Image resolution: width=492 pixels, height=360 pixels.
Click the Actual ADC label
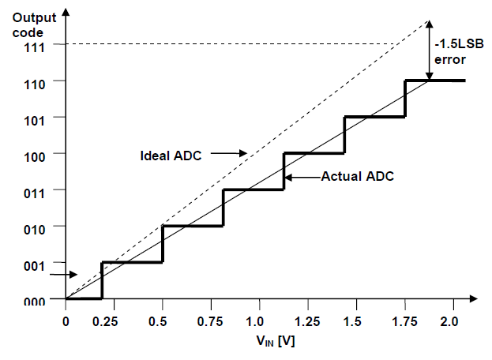tap(356, 177)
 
